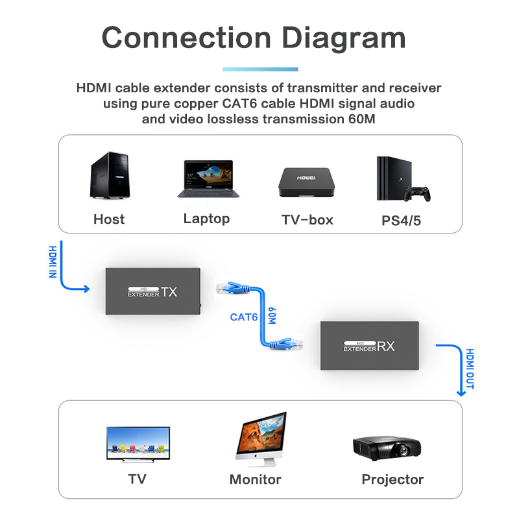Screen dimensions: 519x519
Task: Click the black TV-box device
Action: [x=307, y=183]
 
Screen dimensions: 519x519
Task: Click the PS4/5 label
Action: [x=401, y=221]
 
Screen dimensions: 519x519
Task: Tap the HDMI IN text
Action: [x=53, y=260]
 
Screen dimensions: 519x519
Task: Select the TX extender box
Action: [x=152, y=291]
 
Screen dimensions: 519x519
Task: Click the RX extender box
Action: [x=369, y=346]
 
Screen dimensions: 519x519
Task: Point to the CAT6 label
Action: [x=244, y=317]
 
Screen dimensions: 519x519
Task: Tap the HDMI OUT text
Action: [x=470, y=368]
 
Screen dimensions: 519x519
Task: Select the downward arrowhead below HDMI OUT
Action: [x=461, y=391]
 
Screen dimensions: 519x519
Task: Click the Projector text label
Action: [x=392, y=480]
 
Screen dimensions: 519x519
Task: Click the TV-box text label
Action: [x=307, y=220]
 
